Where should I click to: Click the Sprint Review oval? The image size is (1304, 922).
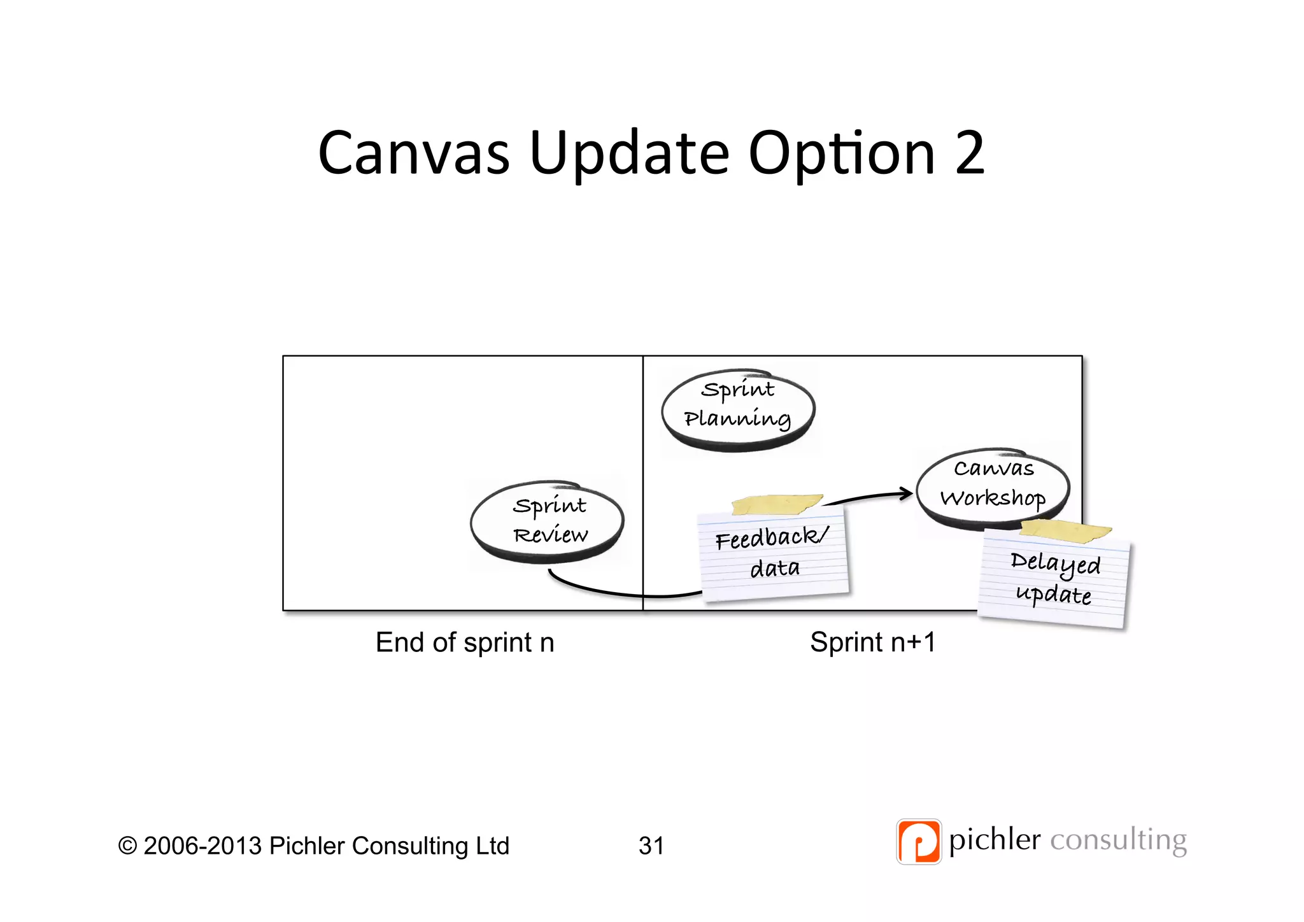pos(548,521)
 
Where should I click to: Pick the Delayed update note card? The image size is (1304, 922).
pos(1053,579)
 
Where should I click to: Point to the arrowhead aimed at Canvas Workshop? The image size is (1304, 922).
pos(907,493)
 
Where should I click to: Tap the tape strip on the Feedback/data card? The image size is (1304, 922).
pos(777,504)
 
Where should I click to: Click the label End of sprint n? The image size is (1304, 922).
pos(465,642)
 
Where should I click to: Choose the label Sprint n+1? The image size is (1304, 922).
pos(873,642)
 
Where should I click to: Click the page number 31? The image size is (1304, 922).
pos(651,846)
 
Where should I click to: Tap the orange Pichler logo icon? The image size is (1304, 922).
pos(918,841)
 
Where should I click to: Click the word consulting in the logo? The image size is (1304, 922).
pos(1118,840)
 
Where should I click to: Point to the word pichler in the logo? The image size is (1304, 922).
pos(995,840)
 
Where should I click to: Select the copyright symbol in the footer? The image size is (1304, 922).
pos(127,846)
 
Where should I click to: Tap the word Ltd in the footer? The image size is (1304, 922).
pos(492,846)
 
